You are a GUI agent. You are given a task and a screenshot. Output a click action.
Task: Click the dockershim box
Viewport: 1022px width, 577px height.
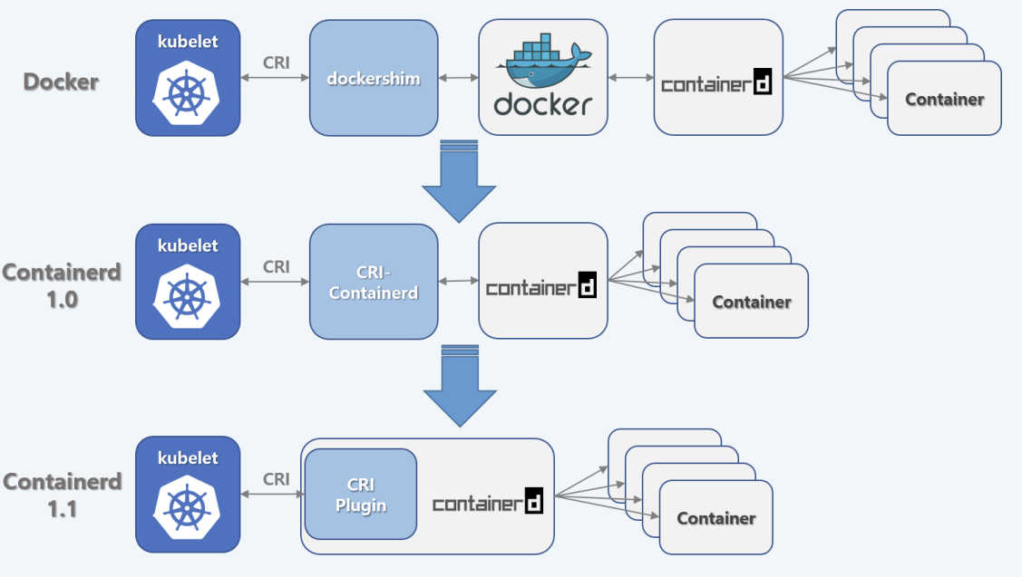[374, 79]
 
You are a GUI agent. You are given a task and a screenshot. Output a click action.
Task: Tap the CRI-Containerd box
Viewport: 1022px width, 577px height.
[374, 282]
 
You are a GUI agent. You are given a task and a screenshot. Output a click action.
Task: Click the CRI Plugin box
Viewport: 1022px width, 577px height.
[361, 495]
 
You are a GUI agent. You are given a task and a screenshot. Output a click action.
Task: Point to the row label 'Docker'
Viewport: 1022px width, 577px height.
[61, 81]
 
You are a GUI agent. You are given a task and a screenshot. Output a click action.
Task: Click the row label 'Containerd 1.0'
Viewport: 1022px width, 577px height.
[62, 284]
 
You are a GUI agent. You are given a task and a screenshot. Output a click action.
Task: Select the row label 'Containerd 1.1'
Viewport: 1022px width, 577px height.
[62, 495]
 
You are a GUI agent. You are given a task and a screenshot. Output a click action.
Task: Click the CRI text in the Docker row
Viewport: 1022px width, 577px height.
[277, 63]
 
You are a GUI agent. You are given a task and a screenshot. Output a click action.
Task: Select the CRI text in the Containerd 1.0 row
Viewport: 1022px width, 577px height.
[277, 266]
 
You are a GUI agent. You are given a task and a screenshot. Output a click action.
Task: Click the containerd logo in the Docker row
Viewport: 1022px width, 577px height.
[716, 84]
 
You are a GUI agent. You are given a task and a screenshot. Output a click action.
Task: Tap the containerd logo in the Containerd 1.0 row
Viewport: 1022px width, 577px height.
[541, 288]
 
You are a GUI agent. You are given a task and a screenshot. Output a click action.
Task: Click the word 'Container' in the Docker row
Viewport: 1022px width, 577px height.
[944, 99]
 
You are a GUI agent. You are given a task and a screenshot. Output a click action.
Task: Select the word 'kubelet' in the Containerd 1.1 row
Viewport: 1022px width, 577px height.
[188, 457]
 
